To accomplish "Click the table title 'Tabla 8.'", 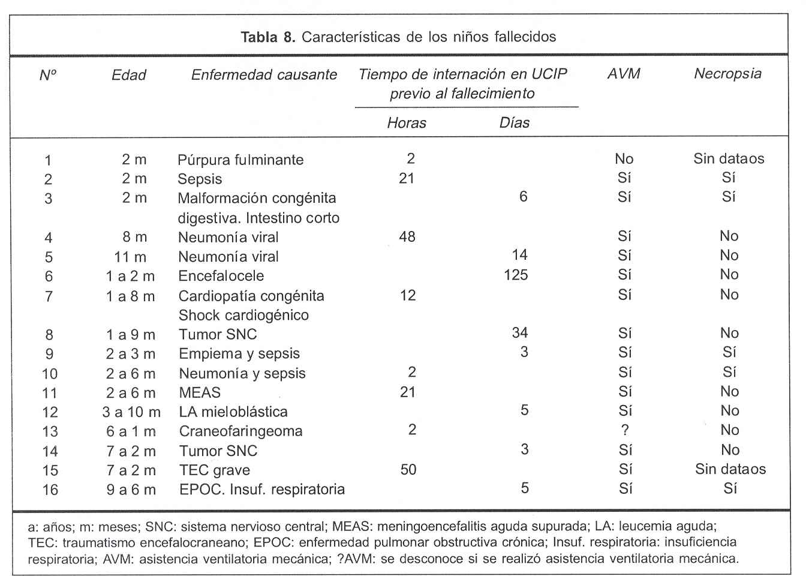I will [268, 37].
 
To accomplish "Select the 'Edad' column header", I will [129, 75].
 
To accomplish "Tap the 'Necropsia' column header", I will [727, 74].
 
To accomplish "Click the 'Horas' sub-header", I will [407, 123].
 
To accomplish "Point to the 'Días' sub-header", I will [515, 123].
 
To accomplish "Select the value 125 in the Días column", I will [516, 275].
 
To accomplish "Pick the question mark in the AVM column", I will [625, 430].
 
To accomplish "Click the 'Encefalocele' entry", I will [221, 276].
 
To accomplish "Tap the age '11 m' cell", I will [130, 257].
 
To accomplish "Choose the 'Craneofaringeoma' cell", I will [240, 431].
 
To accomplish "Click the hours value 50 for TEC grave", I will [408, 469].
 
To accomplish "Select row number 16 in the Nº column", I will [50, 490].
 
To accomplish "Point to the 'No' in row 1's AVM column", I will [624, 159].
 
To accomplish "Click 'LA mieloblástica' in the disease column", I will [233, 412].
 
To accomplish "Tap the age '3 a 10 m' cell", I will [131, 412].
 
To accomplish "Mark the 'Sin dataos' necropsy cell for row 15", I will [730, 469].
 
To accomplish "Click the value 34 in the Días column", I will [519, 333].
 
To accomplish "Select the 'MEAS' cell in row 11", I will [200, 392].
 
